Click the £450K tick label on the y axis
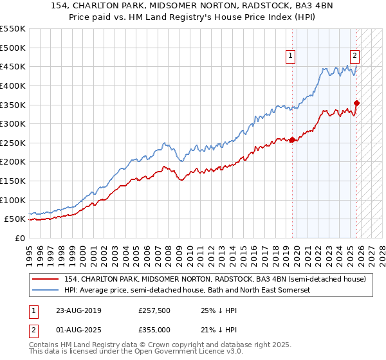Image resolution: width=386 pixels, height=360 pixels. coord(13,66)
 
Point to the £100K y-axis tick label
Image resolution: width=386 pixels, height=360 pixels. coord(13,200)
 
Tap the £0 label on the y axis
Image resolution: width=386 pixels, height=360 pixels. coord(21,238)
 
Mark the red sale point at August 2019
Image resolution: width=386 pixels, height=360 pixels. coord(293,139)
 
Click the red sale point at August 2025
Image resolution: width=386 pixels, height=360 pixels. coord(357,103)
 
